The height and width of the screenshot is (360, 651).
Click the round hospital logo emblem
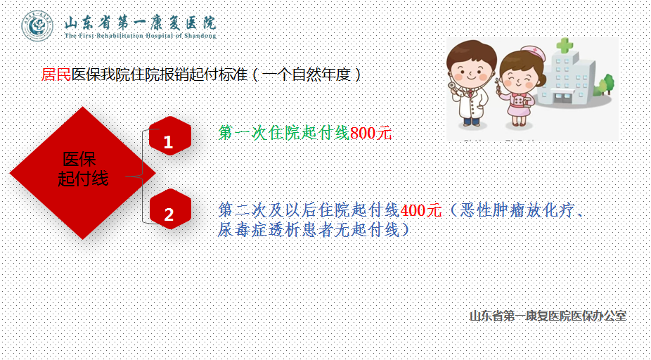(x=37, y=26)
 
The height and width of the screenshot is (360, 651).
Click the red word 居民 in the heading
(x=56, y=75)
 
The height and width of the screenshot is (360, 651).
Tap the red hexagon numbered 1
(x=170, y=136)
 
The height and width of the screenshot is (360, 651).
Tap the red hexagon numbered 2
(x=170, y=209)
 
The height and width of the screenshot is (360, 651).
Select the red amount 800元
(x=370, y=134)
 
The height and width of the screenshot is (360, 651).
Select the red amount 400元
(x=420, y=210)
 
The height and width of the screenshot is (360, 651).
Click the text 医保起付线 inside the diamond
(x=83, y=169)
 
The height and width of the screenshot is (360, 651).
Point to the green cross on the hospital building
(x=565, y=45)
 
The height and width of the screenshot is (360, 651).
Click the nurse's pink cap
(x=533, y=53)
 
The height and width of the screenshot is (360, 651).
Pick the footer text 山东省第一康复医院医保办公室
(x=548, y=316)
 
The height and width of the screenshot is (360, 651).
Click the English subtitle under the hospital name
(x=141, y=36)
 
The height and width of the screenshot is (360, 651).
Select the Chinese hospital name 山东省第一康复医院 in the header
(x=141, y=22)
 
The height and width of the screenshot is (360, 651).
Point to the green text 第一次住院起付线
(x=284, y=134)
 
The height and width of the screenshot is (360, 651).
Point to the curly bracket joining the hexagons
(x=143, y=176)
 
